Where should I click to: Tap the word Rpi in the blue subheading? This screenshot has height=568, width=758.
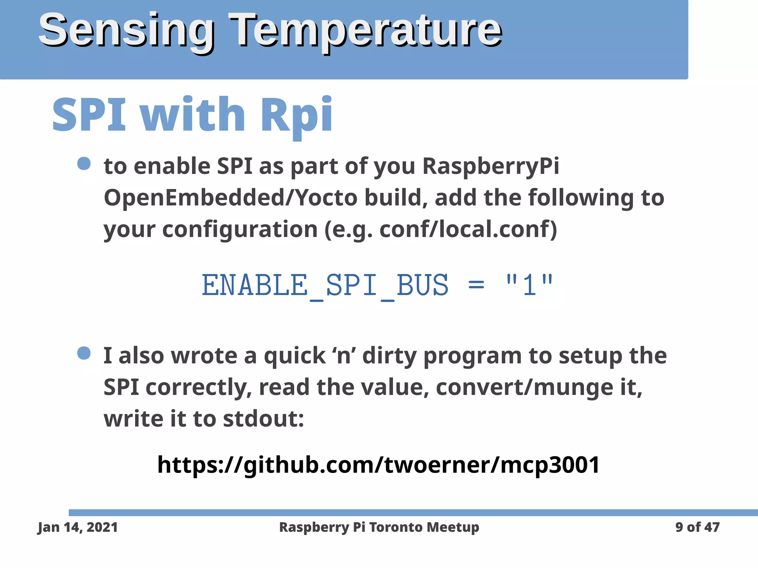click(x=296, y=115)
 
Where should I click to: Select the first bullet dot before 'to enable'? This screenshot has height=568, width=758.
click(x=84, y=163)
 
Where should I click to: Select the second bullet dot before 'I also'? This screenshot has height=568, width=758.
click(x=84, y=353)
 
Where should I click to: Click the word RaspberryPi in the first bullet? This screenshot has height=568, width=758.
click(x=490, y=166)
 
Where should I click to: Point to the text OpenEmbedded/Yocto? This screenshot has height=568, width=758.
click(x=230, y=198)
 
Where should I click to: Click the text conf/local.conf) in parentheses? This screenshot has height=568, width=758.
click(x=468, y=229)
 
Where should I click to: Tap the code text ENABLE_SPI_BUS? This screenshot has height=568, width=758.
click(x=325, y=285)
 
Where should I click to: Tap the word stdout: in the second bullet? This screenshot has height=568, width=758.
click(x=264, y=419)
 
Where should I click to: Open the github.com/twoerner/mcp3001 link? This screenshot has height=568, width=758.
click(x=378, y=465)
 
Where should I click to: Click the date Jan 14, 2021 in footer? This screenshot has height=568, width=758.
click(x=78, y=527)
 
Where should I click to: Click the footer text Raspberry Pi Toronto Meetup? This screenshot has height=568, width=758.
click(x=379, y=527)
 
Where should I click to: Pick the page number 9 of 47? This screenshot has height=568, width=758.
click(x=697, y=527)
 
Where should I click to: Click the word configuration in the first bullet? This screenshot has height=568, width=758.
click(x=240, y=229)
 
